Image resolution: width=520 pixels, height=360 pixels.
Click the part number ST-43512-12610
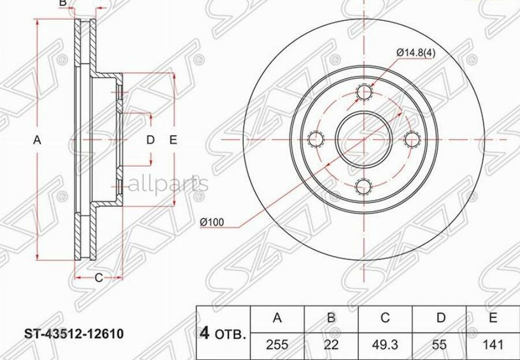point(73,333)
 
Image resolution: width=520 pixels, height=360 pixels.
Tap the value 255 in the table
point(277,345)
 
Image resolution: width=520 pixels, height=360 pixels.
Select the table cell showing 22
point(331,345)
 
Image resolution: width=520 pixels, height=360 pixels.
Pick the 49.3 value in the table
point(385,345)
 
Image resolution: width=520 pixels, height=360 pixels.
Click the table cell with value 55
point(440,345)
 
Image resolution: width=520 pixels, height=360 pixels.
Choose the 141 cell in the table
point(493,345)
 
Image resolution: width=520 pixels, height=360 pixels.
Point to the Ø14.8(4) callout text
point(416,53)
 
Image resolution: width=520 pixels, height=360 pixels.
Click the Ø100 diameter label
point(212,222)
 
